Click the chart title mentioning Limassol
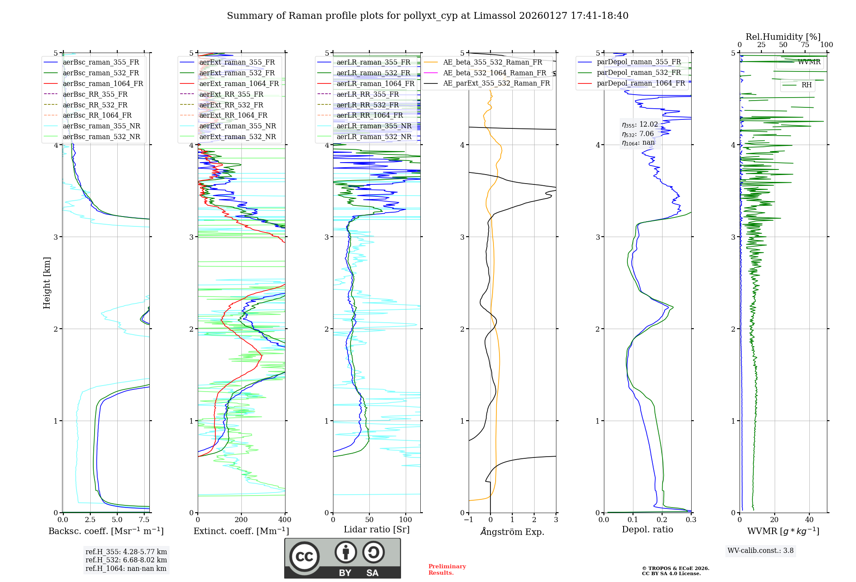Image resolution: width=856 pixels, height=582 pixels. click(428, 16)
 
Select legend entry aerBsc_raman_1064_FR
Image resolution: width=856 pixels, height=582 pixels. click(103, 83)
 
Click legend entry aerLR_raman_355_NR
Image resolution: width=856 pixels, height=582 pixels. click(374, 126)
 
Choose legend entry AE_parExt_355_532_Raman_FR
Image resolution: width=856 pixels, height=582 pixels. click(496, 83)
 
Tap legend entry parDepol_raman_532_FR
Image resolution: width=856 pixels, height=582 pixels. click(639, 72)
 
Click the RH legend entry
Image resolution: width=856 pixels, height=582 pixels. click(806, 85)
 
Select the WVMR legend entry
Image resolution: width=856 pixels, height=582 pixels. click(809, 62)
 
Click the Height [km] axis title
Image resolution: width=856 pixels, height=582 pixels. click(47, 283)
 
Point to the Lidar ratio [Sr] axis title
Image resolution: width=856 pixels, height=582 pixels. click(377, 529)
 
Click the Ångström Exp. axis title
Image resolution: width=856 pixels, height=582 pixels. click(512, 532)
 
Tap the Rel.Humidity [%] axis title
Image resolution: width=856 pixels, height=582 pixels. click(783, 37)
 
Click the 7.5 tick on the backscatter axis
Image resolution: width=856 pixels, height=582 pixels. click(144, 520)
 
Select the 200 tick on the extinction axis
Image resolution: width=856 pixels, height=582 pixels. click(241, 520)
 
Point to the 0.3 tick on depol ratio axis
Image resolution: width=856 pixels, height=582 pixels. click(691, 520)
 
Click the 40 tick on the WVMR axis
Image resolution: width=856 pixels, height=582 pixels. click(809, 520)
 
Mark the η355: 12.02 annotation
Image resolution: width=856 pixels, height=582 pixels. click(640, 125)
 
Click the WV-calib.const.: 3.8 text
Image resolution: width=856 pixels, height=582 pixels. click(760, 550)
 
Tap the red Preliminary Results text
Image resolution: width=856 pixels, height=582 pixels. click(447, 570)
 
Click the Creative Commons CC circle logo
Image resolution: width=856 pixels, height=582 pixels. click(304, 557)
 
